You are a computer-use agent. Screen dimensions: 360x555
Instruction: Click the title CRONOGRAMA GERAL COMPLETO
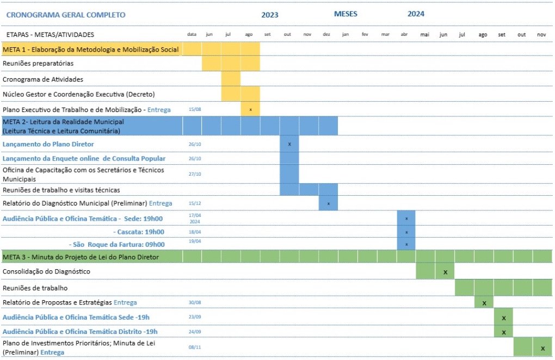click(65, 15)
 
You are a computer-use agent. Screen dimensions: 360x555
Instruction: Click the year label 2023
click(269, 15)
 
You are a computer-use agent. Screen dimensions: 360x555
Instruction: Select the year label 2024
click(416, 14)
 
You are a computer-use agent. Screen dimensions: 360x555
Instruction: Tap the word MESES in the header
click(346, 14)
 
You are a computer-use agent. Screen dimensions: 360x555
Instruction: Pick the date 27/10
click(195, 175)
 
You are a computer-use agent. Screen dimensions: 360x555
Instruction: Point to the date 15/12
click(195, 203)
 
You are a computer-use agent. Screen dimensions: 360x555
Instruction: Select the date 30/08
click(195, 302)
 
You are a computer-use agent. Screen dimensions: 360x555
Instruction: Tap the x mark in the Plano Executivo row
click(250, 110)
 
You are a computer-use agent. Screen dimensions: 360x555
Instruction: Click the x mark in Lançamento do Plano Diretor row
click(289, 144)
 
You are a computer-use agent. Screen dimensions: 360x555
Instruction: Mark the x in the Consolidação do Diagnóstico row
click(445, 271)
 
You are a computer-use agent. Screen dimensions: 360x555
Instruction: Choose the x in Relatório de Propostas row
click(484, 303)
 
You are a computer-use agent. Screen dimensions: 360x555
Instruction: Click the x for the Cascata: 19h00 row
click(406, 232)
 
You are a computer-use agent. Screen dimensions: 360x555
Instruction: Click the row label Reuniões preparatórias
click(38, 64)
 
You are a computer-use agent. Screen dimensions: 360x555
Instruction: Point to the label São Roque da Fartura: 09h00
click(117, 244)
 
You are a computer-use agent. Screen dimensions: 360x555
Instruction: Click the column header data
click(192, 34)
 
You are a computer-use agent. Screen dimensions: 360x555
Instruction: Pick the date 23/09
click(195, 317)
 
